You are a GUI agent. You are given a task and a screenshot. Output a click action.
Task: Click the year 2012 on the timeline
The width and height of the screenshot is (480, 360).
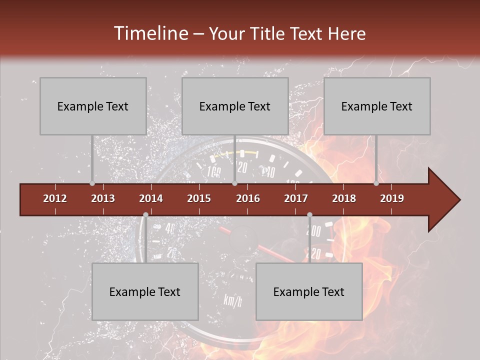[55, 198]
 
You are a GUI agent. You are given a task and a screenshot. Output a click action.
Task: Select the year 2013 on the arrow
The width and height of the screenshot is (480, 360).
[103, 198]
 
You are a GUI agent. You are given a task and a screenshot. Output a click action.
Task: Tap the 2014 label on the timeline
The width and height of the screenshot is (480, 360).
[151, 198]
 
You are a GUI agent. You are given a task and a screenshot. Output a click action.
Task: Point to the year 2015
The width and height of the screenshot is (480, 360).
[199, 198]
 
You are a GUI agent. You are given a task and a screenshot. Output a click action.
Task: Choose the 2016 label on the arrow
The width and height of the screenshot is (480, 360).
[248, 198]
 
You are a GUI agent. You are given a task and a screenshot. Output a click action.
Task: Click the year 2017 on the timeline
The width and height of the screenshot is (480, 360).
[296, 198]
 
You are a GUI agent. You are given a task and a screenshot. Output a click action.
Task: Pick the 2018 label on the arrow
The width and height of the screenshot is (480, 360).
[344, 198]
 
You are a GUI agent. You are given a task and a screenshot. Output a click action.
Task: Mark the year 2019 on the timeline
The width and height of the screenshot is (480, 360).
[392, 198]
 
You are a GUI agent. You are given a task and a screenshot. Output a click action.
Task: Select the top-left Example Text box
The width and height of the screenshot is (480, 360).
[93, 106]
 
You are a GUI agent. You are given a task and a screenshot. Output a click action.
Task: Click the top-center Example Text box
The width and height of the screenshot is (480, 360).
[235, 106]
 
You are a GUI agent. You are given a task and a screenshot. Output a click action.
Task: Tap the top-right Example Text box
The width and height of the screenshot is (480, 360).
[377, 106]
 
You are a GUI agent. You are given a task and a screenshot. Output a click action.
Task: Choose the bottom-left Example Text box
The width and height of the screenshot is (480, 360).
[145, 291]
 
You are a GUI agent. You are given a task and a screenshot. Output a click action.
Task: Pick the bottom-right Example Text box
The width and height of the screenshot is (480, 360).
[309, 291]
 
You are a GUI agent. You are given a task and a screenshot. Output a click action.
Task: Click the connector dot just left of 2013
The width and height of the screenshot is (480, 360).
[92, 183]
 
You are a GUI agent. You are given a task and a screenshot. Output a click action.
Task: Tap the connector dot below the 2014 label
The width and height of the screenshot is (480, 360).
[145, 215]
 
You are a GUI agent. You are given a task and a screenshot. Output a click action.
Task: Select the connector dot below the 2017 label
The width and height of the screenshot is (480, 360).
[309, 215]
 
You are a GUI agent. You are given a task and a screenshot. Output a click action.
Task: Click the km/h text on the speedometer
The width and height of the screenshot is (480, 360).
[233, 301]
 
